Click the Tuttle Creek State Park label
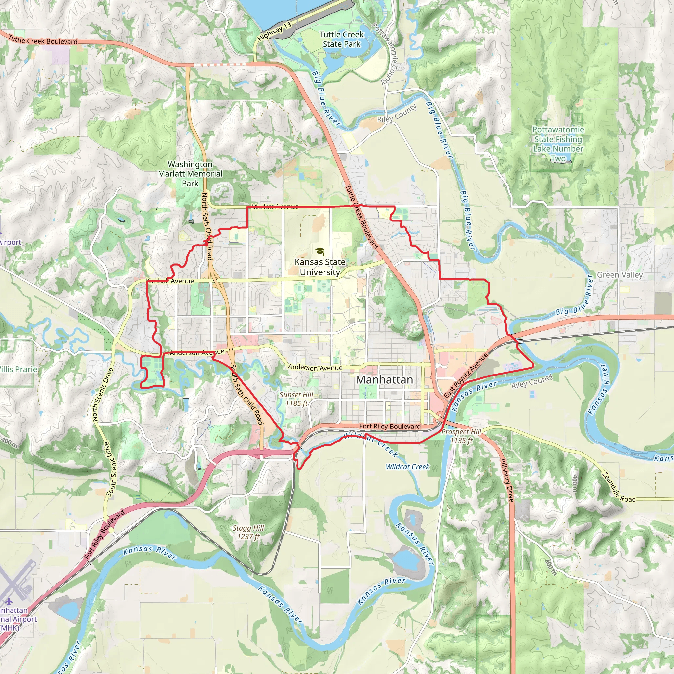pos(342,39)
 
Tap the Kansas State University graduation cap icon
pos(320,251)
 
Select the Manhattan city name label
pos(384,379)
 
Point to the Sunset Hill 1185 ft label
pos(296,399)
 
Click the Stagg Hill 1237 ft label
pos(248,532)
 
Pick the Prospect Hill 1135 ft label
pos(461,436)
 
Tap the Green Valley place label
pos(620,275)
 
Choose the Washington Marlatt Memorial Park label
pos(190,174)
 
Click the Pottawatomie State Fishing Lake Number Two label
pos(558,144)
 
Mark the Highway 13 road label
pos(274,31)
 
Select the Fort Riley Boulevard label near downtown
pos(390,426)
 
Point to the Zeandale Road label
pos(618,487)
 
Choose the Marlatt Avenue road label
pos(274,207)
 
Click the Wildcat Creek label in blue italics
pos(407,467)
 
